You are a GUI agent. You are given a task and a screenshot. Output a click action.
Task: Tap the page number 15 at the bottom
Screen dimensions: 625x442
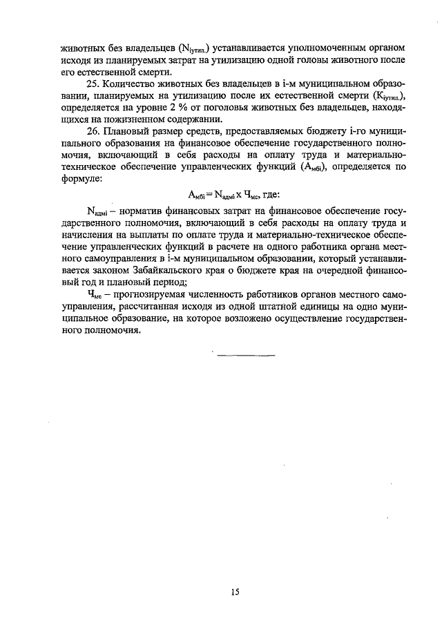point(235,590)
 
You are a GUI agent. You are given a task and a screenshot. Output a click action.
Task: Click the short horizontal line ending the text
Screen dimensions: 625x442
point(247,355)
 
